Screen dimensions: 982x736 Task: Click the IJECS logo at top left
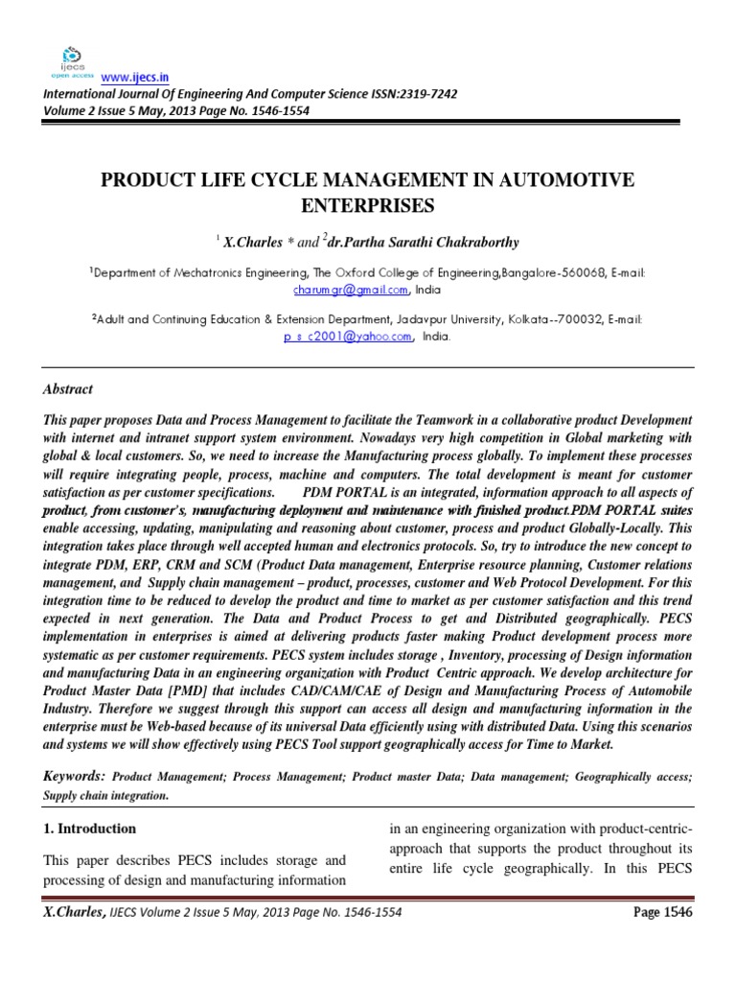pyautogui.click(x=72, y=59)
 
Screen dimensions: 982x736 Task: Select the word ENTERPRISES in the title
pyautogui.click(x=369, y=205)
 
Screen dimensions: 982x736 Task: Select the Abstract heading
pyautogui.click(x=68, y=388)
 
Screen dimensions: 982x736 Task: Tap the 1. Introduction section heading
pyautogui.click(x=89, y=829)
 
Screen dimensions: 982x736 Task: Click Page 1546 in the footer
pyautogui.click(x=663, y=911)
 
